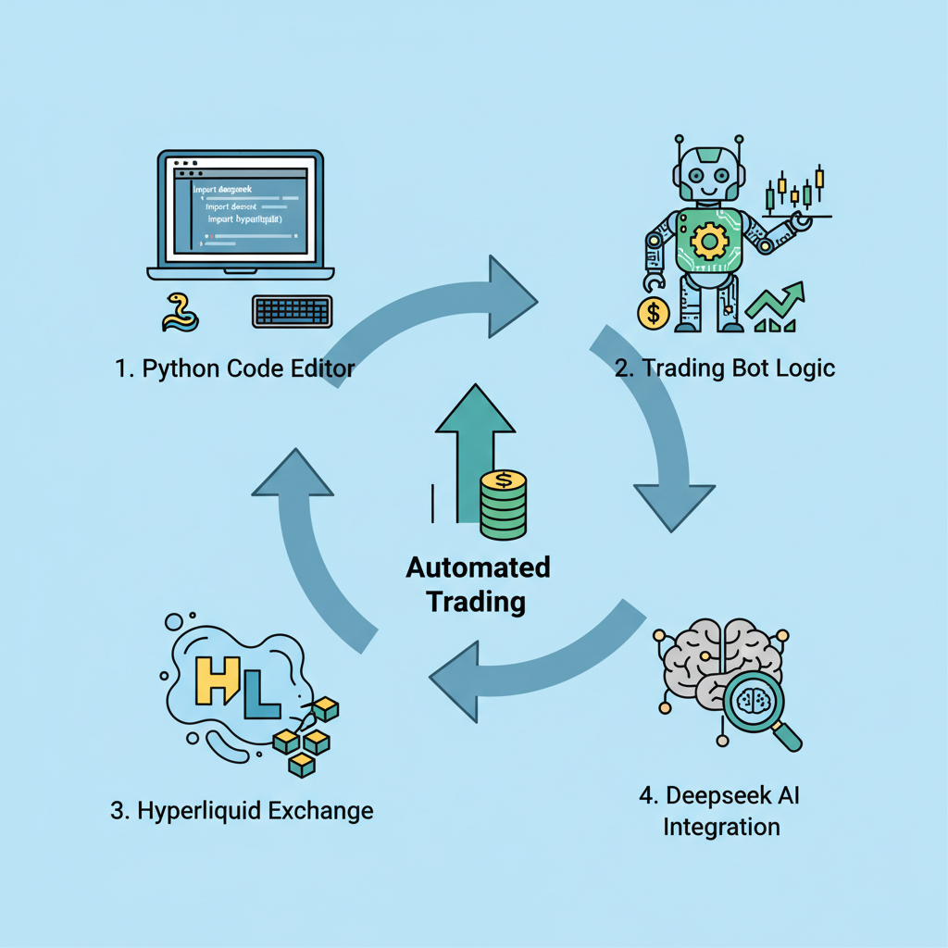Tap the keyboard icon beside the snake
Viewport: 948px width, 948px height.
coord(292,311)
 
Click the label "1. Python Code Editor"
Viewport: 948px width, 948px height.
coord(235,368)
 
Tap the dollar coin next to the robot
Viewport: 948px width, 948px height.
coord(654,312)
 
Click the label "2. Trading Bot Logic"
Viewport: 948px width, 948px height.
coord(725,368)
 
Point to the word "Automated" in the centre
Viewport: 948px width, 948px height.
coord(478,567)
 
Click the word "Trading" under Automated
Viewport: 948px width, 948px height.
coord(476,602)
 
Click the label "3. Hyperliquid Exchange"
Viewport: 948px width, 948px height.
coord(242,812)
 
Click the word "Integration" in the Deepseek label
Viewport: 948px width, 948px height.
coord(721,827)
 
